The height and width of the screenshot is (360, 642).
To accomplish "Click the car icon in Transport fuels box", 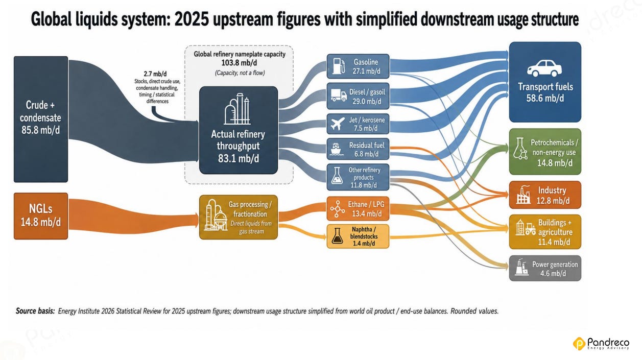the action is tap(544, 68).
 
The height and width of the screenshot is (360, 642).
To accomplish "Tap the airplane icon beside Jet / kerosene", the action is tap(338, 124).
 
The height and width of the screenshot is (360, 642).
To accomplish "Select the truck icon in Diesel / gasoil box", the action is tap(339, 95).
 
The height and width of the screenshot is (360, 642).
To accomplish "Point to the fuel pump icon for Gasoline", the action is tap(339, 66).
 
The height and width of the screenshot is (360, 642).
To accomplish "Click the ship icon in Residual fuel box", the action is tap(337, 149).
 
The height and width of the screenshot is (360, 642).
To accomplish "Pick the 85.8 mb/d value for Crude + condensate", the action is tap(41, 130).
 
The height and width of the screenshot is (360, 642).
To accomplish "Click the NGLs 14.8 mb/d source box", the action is tap(41, 216).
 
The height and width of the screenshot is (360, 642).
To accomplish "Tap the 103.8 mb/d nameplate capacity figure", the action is tap(239, 63).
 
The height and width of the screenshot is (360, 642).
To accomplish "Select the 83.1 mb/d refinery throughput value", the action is tap(238, 158).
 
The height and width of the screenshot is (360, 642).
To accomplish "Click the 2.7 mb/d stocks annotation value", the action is tap(155, 74).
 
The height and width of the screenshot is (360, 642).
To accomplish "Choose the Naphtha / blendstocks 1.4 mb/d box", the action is tap(358, 236).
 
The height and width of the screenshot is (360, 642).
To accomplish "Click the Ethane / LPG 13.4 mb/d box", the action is tap(358, 208).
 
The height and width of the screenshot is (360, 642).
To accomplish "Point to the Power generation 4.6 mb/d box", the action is tap(545, 268).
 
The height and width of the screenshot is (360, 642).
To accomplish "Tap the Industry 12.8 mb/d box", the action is tap(545, 195).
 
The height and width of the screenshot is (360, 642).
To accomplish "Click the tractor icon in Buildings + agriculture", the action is tap(531, 229).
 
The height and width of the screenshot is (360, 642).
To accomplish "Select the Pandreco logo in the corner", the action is tap(601, 343).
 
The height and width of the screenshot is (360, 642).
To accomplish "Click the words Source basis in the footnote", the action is tap(35, 311).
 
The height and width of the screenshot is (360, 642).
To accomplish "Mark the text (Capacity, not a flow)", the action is tap(240, 73).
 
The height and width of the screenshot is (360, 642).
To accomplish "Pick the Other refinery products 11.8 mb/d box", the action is tap(358, 177).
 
